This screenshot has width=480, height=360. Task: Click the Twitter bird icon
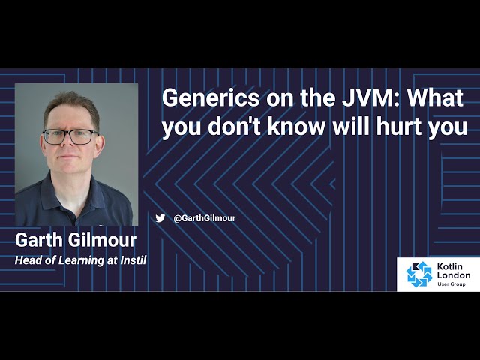160,218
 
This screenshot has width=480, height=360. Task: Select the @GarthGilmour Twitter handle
204,218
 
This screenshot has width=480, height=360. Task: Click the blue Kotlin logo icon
419,274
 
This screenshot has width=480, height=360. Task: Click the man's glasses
70,136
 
